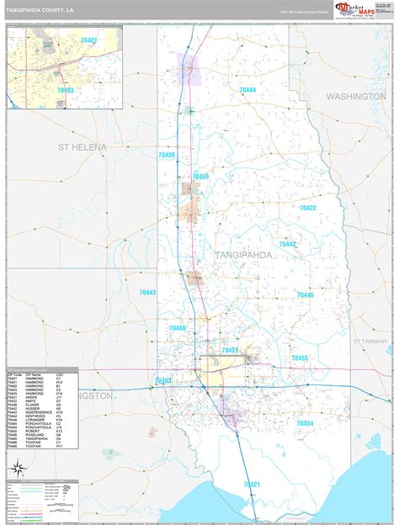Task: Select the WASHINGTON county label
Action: (356, 97)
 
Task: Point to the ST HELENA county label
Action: (82, 147)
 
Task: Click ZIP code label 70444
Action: (247, 89)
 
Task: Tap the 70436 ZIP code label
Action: (167, 155)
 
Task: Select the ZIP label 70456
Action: (200, 177)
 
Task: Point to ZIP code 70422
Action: (308, 208)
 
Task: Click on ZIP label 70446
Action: (305, 295)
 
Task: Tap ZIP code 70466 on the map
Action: (178, 328)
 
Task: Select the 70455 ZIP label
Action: (301, 358)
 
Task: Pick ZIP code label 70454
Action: (304, 423)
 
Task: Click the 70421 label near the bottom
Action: (253, 484)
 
